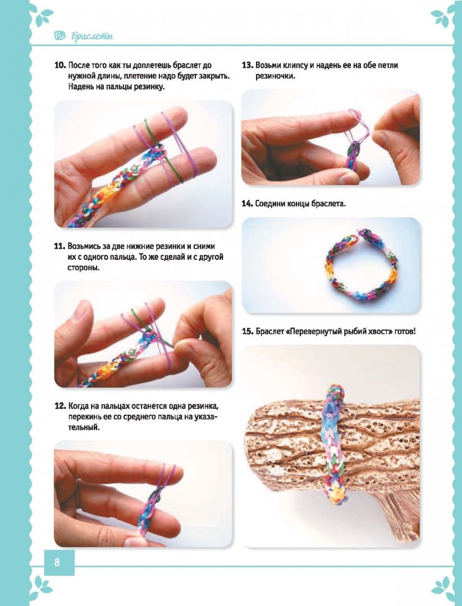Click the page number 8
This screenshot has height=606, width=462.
coord(57,562)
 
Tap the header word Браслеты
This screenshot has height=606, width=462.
coord(92,36)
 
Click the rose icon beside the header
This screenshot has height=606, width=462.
coord(60,36)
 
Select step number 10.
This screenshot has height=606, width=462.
coord(60,65)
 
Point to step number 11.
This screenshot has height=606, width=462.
coord(60,246)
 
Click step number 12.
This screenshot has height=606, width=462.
coord(60,406)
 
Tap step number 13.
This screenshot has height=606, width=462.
coord(248,65)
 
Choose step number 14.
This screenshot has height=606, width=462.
coord(248,204)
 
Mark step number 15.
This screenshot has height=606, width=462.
coord(248,331)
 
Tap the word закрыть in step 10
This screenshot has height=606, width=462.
coord(213,76)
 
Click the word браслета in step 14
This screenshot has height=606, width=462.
coord(328,204)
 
